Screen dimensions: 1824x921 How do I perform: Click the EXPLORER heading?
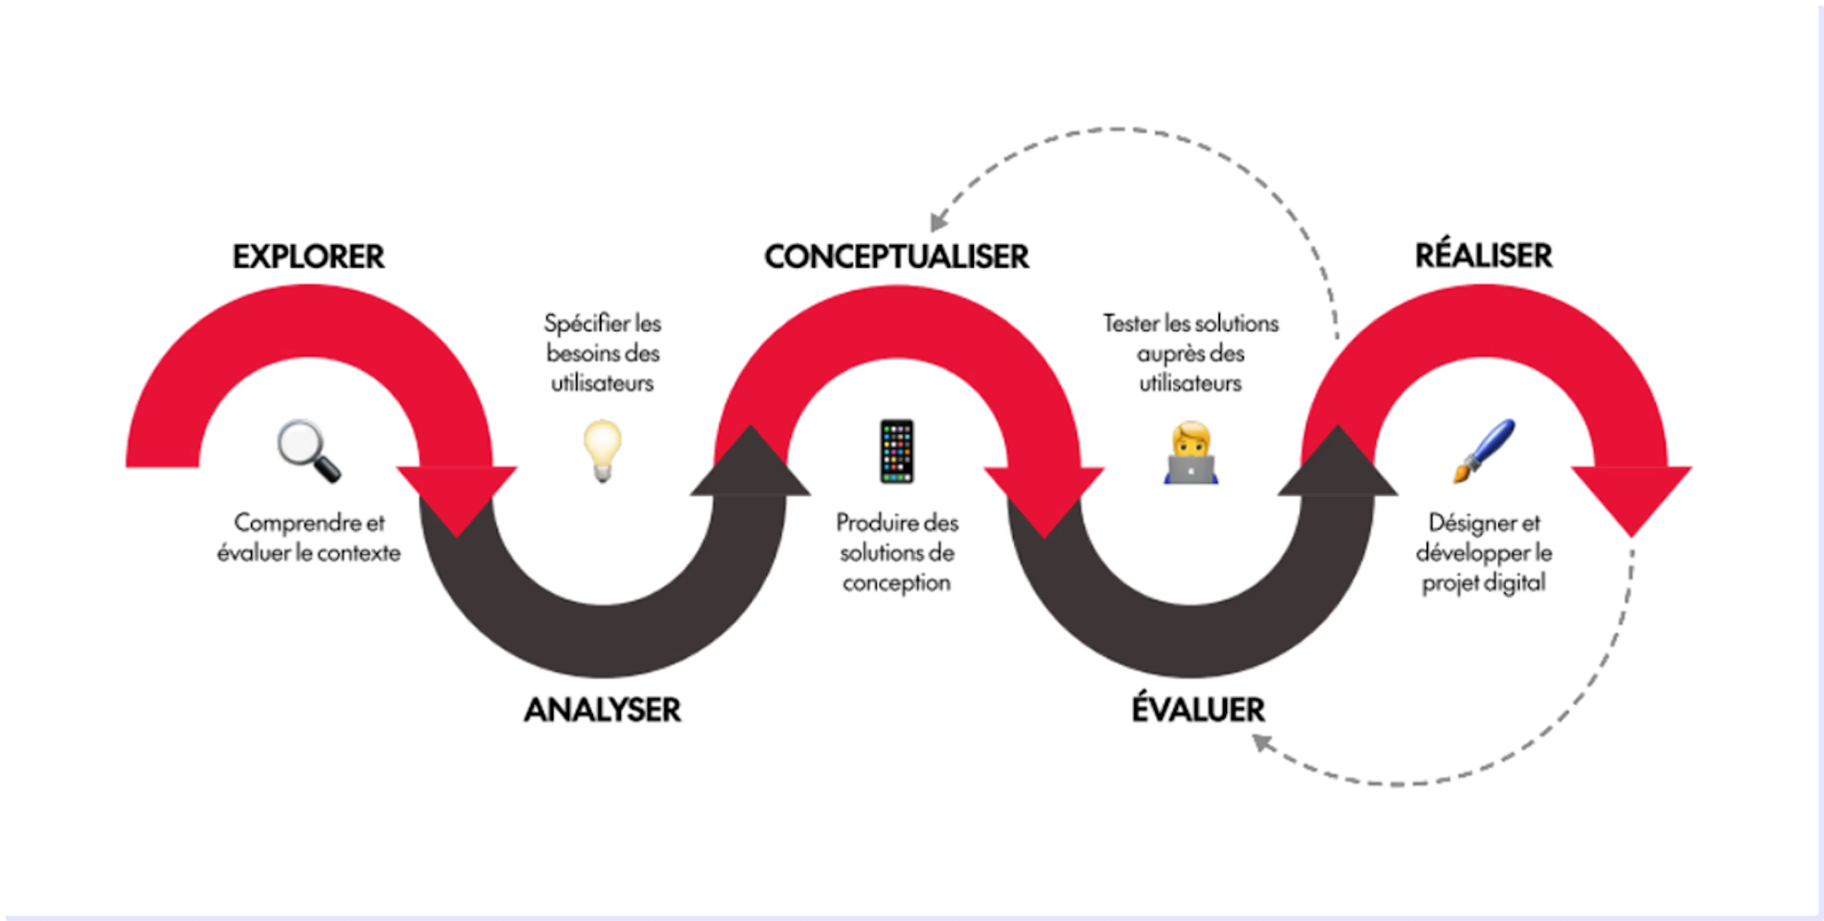[x=309, y=256]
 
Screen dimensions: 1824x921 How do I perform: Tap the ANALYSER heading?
[x=603, y=709]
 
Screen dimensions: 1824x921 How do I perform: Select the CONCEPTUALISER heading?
[x=896, y=256]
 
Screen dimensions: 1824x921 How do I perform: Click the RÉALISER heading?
[x=1484, y=255]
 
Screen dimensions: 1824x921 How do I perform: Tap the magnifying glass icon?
[x=309, y=451]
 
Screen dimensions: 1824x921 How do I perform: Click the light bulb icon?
[x=603, y=451]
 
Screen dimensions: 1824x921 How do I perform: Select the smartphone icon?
[x=896, y=451]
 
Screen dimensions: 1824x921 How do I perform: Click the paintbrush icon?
[x=1484, y=451]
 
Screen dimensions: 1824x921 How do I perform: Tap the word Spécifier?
[x=586, y=323]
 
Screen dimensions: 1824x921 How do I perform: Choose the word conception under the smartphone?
[x=896, y=583]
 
